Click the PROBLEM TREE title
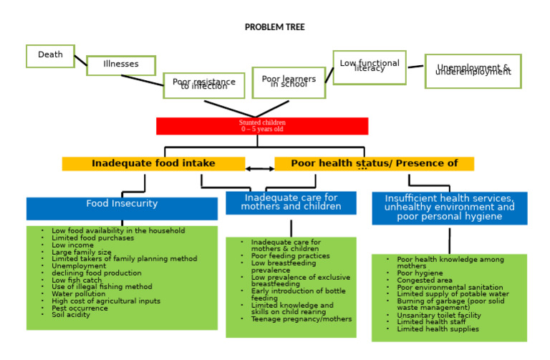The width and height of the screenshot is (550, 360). tap(274, 27)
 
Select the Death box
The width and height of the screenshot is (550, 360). tap(50, 56)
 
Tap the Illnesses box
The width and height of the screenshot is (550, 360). tap(121, 65)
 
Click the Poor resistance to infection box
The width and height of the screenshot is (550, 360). tap(203, 85)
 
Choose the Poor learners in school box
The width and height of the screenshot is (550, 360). tap(289, 82)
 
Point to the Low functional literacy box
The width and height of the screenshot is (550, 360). tap(369, 67)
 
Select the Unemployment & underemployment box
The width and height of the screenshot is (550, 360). tap(473, 71)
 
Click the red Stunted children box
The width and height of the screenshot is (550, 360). tap(262, 126)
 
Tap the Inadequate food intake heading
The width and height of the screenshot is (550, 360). tap(153, 164)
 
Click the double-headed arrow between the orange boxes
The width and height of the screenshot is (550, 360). tap(260, 169)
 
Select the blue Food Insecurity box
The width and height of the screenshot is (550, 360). tap(122, 207)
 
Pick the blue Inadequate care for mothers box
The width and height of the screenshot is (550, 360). tap(291, 203)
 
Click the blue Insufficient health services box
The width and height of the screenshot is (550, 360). tap(449, 208)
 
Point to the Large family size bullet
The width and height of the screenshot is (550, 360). tap(81, 252)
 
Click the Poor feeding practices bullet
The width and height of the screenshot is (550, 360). tap(290, 256)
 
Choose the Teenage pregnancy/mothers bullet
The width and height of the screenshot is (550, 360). tap(301, 319)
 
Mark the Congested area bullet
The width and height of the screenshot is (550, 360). tap(425, 281)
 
